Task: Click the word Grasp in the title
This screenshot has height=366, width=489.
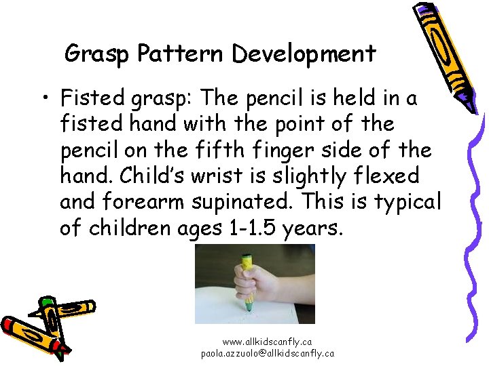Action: pos(94,54)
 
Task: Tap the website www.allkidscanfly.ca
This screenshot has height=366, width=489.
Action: pos(267,342)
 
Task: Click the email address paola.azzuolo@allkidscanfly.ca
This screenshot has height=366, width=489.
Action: pos(267,353)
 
